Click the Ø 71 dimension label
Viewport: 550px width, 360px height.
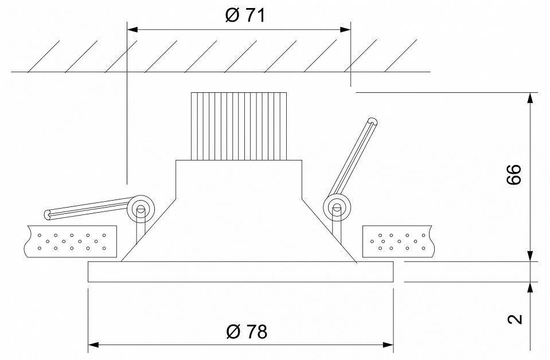(x=245, y=15)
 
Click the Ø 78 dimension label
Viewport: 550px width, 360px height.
(x=247, y=331)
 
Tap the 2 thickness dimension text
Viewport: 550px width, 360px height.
(x=516, y=319)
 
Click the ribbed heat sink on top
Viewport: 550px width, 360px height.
(x=238, y=126)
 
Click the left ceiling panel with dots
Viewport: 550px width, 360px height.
(x=71, y=241)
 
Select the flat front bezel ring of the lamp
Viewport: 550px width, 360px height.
(x=240, y=272)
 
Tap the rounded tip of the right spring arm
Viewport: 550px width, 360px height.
(x=373, y=121)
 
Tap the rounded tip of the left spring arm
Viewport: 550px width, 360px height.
(x=48, y=215)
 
